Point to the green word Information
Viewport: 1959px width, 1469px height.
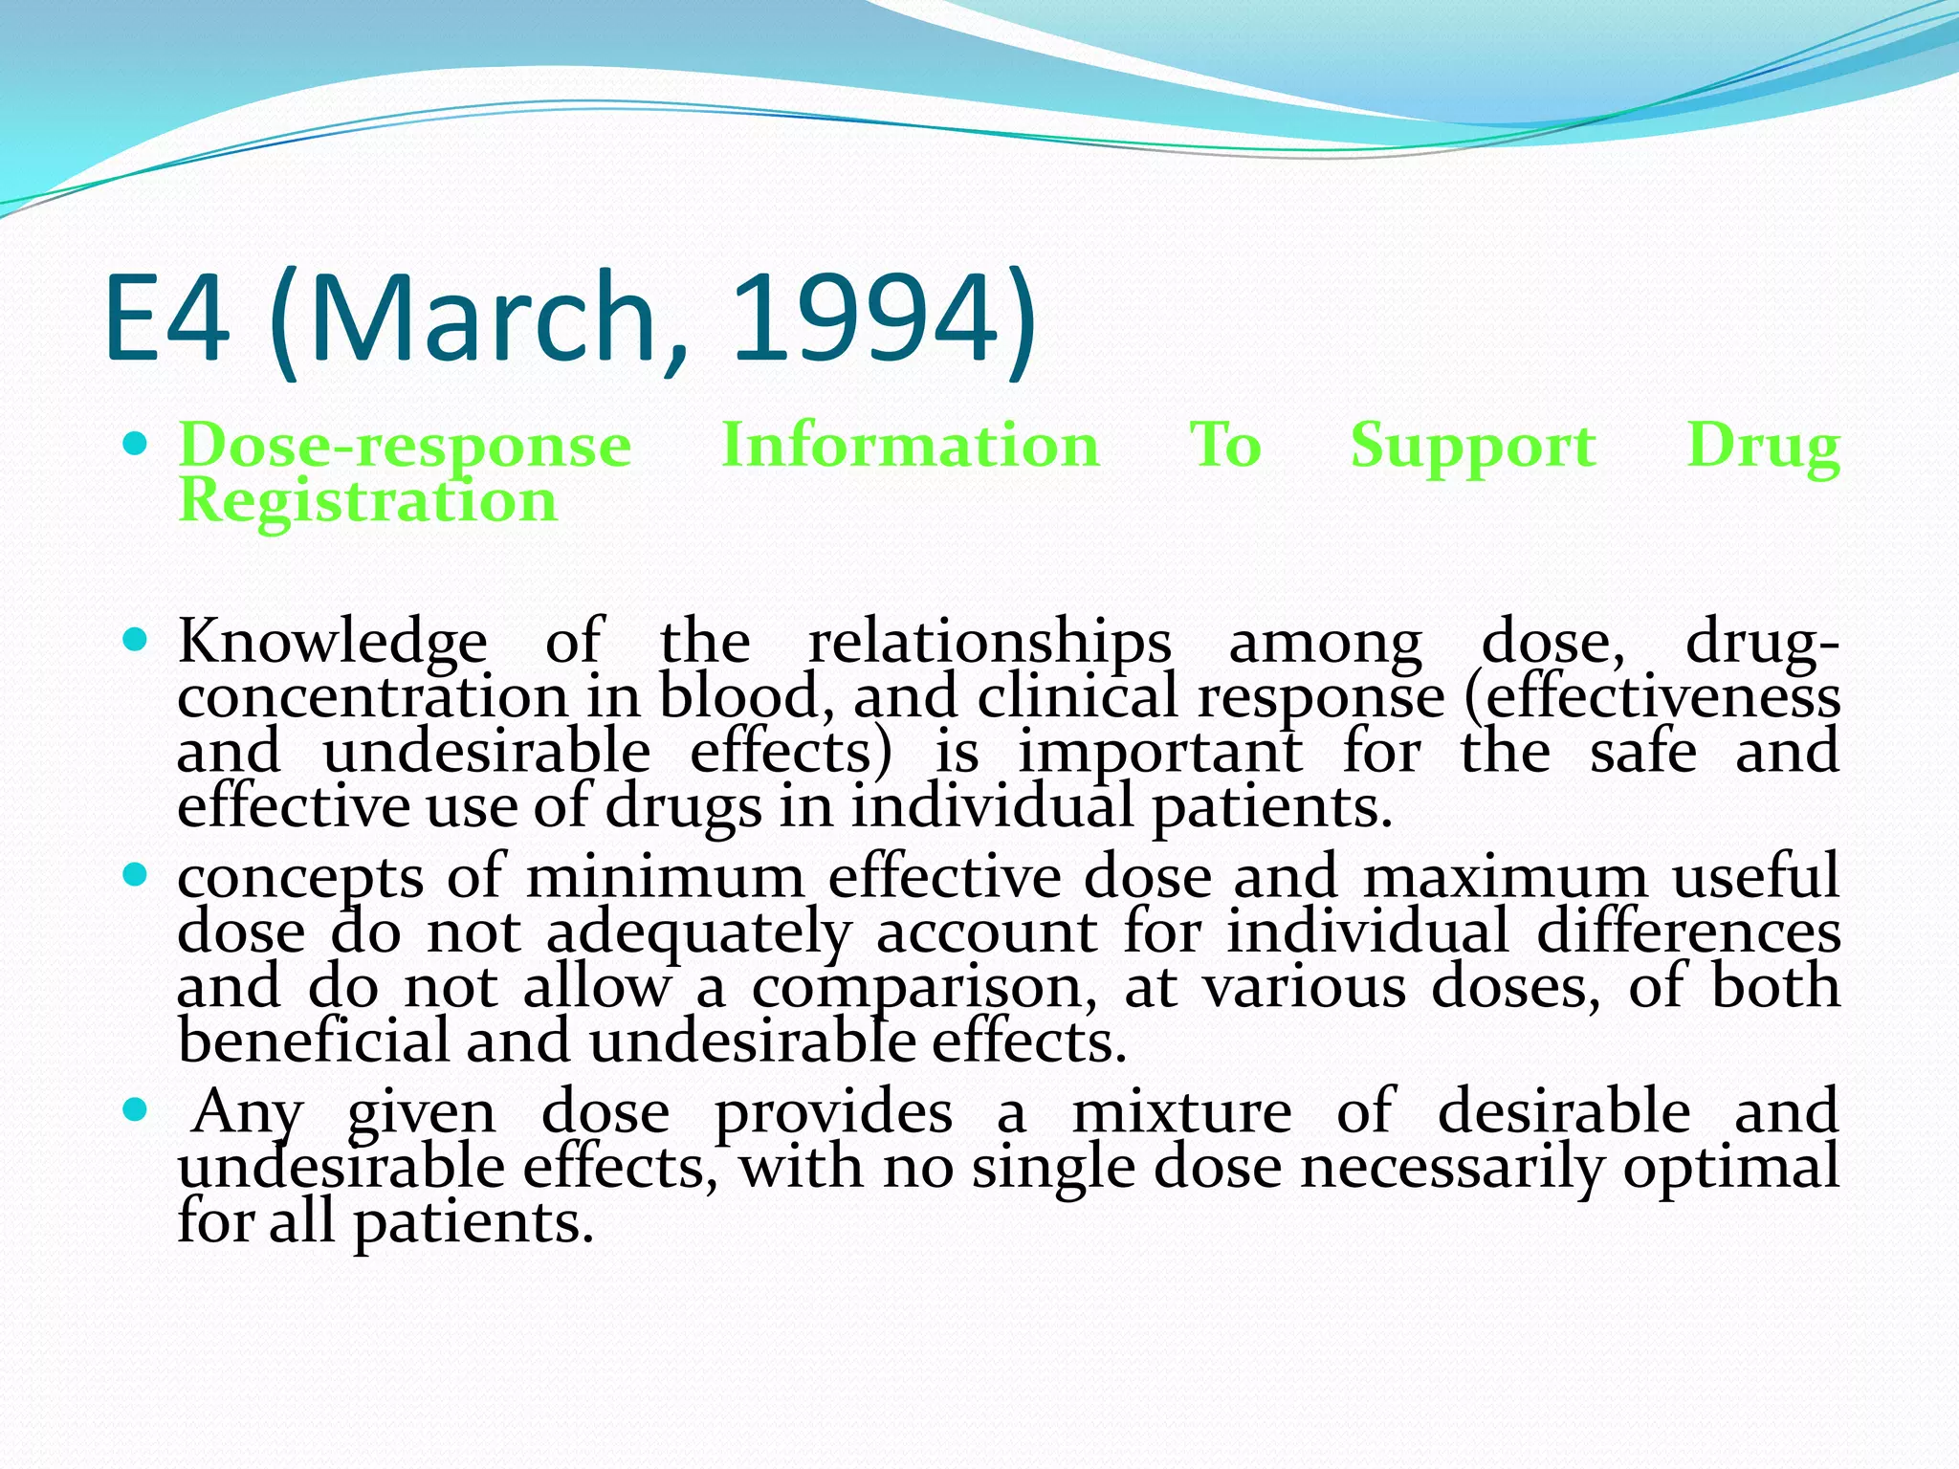[910, 446]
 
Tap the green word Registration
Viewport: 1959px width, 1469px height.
[368, 501]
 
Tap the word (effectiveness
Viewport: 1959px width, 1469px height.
[1652, 696]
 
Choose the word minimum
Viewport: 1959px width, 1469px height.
[666, 876]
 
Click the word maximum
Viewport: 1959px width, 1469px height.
[1505, 876]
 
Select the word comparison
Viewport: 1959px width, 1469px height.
[924, 987]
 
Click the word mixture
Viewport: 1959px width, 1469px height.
[1181, 1111]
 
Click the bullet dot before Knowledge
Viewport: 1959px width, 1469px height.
[136, 638]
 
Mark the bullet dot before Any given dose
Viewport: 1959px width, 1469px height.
[136, 1109]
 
